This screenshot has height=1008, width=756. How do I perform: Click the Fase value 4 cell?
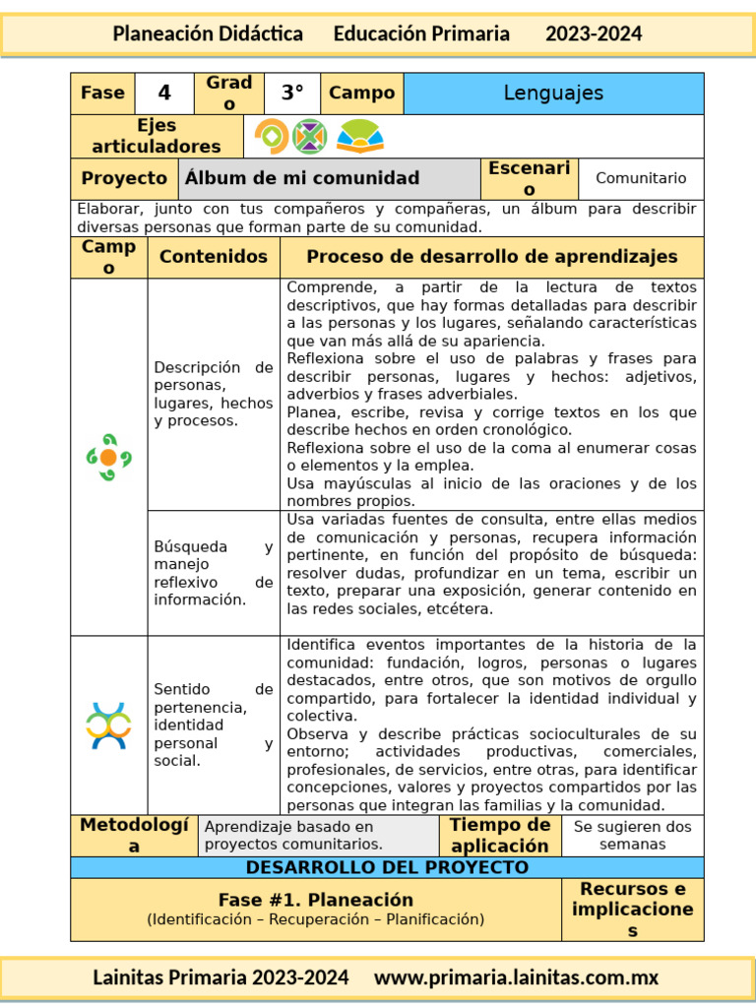pos(164,94)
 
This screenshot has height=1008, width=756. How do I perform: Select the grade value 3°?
pos(292,94)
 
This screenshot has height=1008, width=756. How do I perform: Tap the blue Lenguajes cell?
pos(553,94)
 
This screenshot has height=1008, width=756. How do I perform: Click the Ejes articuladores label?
pos(157,137)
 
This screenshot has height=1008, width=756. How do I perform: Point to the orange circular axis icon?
pos(271,136)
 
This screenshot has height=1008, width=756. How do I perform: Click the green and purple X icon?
pos(309,136)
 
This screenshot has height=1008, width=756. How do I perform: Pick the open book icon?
pos(360,136)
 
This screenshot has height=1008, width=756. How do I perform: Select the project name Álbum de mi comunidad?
pos(302,178)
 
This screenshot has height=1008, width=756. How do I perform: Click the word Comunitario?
pos(641,178)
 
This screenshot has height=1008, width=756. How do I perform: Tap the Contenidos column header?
pos(214,257)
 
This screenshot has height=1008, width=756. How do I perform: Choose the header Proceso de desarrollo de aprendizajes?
pos(492,257)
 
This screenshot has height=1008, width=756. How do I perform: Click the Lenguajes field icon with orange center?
pos(108,458)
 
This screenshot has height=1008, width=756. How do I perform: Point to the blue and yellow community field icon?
pos(108,725)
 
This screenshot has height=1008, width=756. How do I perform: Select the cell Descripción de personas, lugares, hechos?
pos(214,394)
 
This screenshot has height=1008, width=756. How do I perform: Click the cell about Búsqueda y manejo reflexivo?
pos(214,573)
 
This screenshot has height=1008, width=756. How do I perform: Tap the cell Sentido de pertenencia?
pos(214,724)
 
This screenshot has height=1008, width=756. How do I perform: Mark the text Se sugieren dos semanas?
pos(632,836)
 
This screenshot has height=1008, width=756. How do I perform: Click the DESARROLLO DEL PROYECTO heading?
pos(387,867)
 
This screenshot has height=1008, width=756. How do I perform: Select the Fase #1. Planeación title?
pos(316,900)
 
